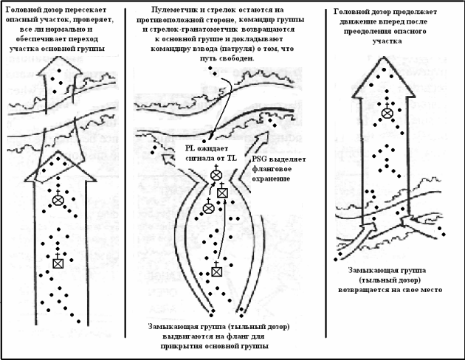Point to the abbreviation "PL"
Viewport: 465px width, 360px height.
coord(190,148)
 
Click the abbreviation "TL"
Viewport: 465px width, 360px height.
coord(232,158)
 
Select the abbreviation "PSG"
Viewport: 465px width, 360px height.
coord(259,159)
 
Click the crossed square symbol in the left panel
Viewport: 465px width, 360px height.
coord(58,262)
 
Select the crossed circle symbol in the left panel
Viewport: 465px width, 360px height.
coord(58,199)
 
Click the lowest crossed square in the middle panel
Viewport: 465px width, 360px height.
coord(217,270)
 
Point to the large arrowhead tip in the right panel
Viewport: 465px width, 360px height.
coord(384,57)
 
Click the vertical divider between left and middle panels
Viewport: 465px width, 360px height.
coord(125,173)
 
